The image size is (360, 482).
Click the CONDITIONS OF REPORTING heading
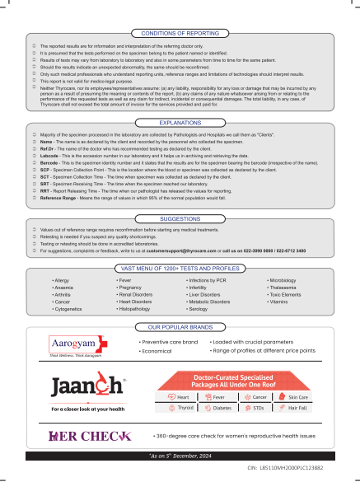click(x=180, y=32)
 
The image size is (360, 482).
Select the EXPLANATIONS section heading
click(x=180, y=122)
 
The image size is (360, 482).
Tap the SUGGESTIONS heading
click(x=180, y=196)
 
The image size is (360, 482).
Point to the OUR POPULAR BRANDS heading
click(x=180, y=327)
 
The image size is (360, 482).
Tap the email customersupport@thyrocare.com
click(x=185, y=227)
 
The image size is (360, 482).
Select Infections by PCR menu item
click(x=203, y=281)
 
